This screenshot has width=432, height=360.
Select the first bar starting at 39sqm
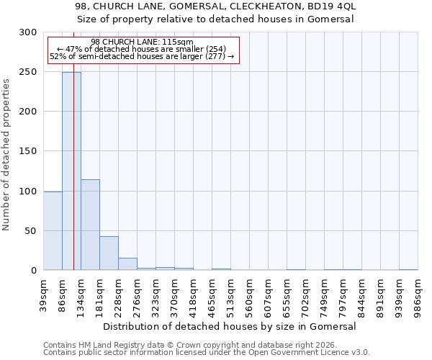coord(53,230)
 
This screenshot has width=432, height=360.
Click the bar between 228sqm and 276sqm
coord(127,264)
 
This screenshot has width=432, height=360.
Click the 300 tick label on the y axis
coord(28,32)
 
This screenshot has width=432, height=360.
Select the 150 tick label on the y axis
coord(28,151)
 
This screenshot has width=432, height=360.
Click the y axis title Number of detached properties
coord(6,155)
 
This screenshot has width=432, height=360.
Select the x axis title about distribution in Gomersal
coord(230,326)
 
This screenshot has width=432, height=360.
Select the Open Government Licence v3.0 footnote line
coord(206,353)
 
